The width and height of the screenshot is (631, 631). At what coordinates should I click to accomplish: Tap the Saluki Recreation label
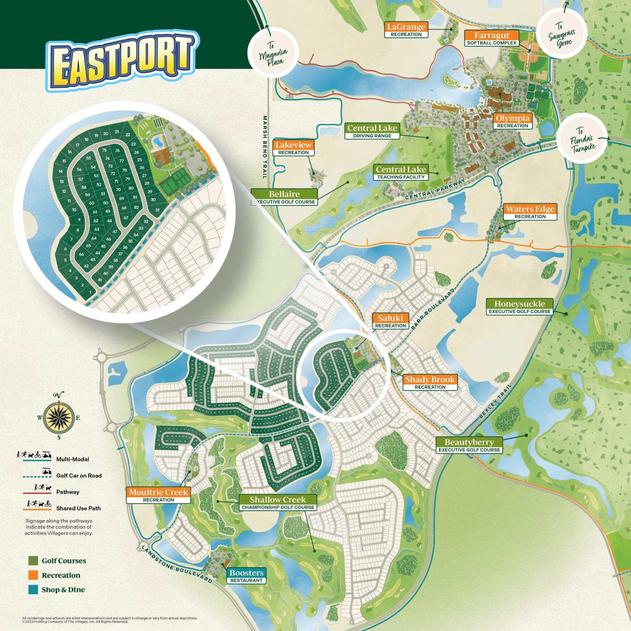pyautogui.click(x=391, y=321)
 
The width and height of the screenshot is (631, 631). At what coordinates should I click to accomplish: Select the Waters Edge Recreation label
pyautogui.click(x=530, y=212)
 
